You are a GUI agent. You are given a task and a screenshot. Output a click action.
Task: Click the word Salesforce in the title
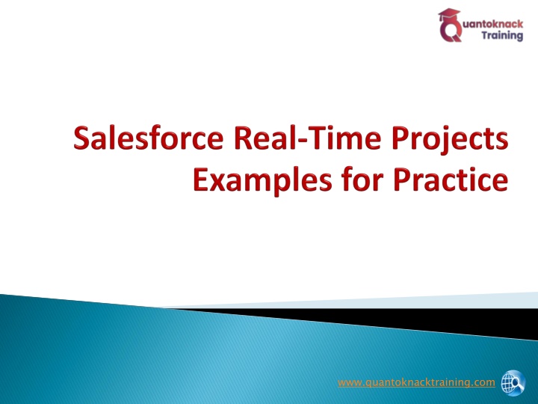148,138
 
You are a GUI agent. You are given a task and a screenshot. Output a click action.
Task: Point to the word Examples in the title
262,181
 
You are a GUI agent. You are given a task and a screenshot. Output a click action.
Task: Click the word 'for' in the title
362,180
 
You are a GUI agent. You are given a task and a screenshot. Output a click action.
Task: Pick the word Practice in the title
451,180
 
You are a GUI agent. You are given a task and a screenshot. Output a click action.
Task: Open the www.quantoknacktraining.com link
416,383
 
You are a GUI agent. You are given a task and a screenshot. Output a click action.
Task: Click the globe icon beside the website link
513,383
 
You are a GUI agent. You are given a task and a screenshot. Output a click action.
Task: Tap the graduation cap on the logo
450,15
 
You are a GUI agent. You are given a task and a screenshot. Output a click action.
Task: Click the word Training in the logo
502,35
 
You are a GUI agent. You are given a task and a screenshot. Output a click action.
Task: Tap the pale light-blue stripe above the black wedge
377,301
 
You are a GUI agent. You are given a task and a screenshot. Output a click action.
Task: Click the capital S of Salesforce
81,138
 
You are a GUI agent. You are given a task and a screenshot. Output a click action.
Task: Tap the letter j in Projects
441,141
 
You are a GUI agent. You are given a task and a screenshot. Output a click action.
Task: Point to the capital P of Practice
401,180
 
